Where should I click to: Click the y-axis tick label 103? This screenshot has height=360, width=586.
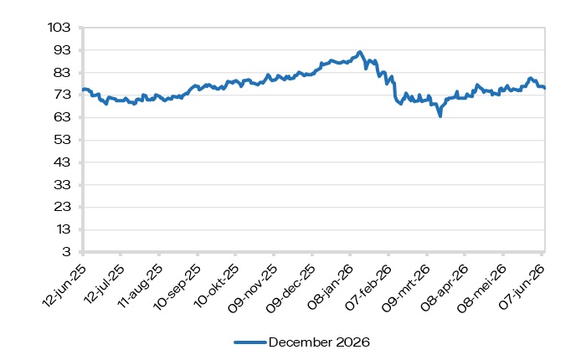tap(59, 28)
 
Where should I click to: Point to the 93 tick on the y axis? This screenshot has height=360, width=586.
tap(62, 49)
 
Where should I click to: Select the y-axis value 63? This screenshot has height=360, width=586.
tap(62, 117)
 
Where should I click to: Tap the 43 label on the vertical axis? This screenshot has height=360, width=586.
tap(62, 162)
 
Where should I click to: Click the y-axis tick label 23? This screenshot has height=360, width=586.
tap(62, 207)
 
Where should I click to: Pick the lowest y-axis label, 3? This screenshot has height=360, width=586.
tap(66, 252)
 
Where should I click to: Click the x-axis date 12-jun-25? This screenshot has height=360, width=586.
tap(64, 285)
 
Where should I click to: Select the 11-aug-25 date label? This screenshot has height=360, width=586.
tap(140, 286)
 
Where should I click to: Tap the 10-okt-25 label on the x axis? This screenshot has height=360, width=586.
tap(216, 286)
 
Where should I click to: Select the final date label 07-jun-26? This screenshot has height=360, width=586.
tap(522, 286)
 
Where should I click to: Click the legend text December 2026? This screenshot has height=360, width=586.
tap(319, 342)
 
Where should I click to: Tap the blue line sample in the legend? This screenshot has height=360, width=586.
tap(249, 342)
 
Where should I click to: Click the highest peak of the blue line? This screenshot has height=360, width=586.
tap(359, 52)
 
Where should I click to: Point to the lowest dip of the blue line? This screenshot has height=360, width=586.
tap(440, 116)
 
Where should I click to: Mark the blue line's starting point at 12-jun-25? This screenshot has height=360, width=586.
tap(83, 90)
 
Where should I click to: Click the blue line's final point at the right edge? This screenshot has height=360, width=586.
tap(544, 88)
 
